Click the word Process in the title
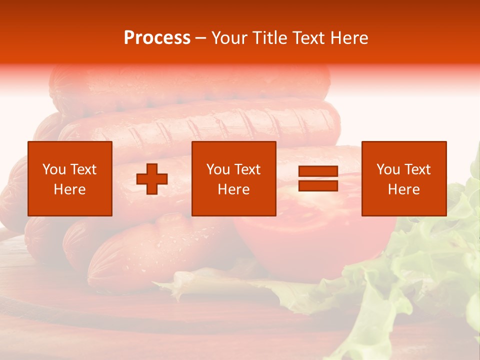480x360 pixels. click(157, 38)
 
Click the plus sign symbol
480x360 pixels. click(152, 179)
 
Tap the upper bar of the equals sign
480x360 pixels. click(318, 171)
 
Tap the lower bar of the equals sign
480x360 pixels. click(318, 185)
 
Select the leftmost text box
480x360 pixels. click(69, 178)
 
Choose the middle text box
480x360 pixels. click(233, 178)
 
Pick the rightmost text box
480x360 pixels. click(403, 178)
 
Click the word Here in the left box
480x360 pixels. click(69, 189)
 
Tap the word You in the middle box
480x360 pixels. click(217, 169)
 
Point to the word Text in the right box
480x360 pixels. click(416, 169)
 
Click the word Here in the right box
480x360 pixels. click(403, 189)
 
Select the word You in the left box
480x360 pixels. click(53, 169)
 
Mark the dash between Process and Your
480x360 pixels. click(200, 38)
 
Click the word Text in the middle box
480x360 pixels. click(247, 169)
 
